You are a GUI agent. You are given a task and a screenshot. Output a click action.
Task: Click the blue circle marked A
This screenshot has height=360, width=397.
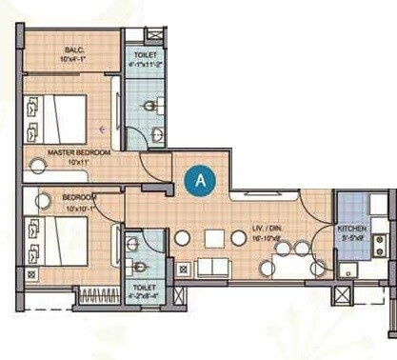[x=199, y=179]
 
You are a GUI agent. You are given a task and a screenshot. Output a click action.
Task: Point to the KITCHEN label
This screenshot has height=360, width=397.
[x=351, y=229]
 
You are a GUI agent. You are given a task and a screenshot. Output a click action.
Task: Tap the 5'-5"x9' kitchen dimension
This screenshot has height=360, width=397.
[x=351, y=238]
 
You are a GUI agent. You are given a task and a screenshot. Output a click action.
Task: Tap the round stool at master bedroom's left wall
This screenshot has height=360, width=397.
[x=38, y=165]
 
